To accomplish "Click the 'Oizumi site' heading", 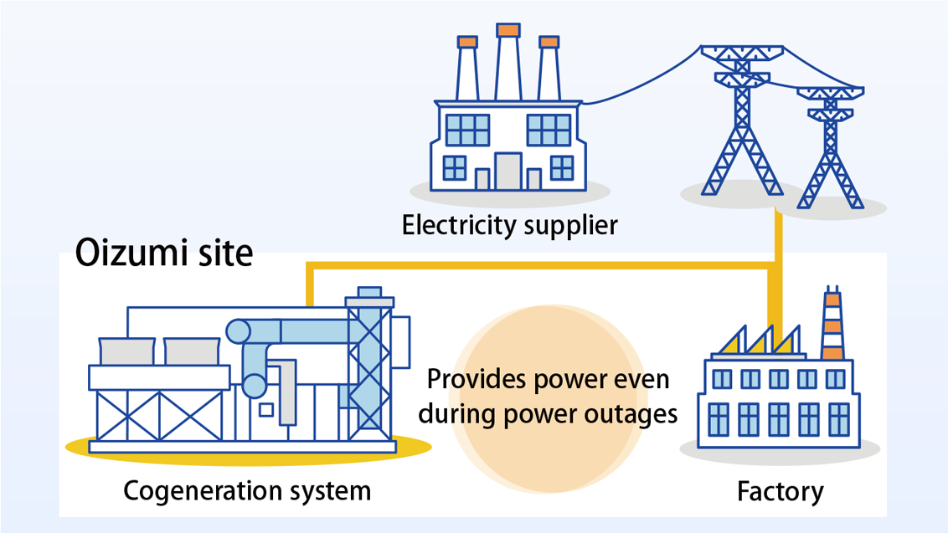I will tap(164, 251).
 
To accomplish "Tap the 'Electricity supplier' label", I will tap(509, 225).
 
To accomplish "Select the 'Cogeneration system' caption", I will tap(247, 489).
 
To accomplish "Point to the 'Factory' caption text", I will tap(780, 491).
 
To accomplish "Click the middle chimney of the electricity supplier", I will tap(507, 63).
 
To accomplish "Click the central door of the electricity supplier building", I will tap(507, 171).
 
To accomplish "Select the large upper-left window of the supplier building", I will tap(466, 130).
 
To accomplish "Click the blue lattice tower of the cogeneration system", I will tap(368, 360).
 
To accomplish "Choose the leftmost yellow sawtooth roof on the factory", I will tap(734, 341).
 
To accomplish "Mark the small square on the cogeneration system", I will tap(265, 409).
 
